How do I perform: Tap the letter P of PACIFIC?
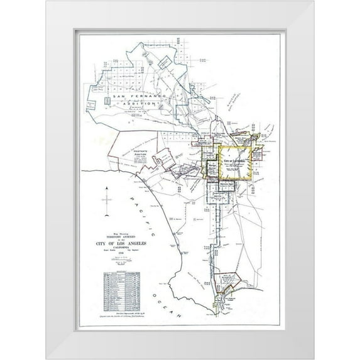pyautogui.click(x=129, y=195)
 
